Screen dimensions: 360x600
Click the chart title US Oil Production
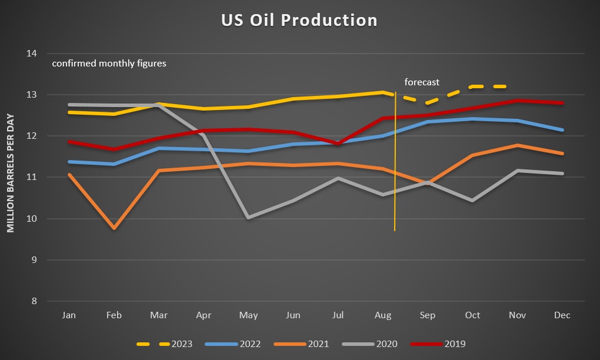tap(299, 20)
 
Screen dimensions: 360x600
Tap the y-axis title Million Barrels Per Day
tap(11, 173)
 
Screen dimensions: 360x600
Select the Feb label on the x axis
tap(114, 316)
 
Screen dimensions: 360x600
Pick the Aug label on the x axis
tap(383, 316)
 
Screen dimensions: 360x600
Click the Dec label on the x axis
tap(562, 316)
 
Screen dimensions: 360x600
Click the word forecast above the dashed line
tap(422, 82)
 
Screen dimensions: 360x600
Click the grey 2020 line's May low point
tap(249, 218)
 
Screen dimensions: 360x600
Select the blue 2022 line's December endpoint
tap(562, 130)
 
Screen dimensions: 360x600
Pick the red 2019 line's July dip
tap(338, 144)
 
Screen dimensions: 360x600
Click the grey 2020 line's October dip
tap(472, 201)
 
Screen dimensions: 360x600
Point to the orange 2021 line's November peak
tap(518, 145)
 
